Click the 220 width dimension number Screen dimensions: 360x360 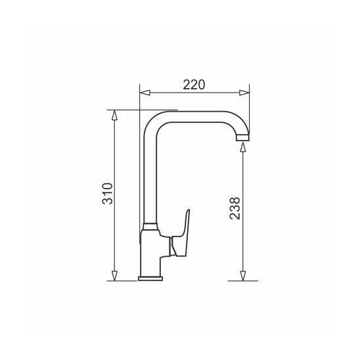point(194,85)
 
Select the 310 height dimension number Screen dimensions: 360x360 point(108,194)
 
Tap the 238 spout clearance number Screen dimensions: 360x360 point(235,208)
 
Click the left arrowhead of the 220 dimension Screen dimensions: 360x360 point(145,93)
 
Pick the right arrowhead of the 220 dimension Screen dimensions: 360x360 point(244,93)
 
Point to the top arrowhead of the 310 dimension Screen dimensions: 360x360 point(114,115)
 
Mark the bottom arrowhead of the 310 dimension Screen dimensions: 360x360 point(114,276)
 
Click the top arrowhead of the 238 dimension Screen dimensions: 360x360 point(243,147)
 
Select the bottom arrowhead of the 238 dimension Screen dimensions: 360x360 point(243,276)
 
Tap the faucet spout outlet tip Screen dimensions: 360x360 point(242,138)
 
